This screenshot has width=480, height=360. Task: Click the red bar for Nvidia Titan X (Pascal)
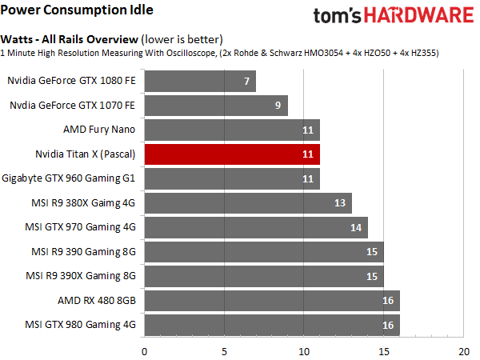point(232,154)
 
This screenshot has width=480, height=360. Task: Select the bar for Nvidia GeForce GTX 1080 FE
point(200,82)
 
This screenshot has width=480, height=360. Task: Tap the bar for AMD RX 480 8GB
point(272,300)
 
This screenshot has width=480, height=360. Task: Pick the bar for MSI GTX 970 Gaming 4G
point(256,227)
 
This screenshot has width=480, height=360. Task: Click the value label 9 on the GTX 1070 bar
point(276,106)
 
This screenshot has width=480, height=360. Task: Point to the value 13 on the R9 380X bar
point(339,203)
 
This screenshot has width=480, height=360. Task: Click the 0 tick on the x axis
point(144,350)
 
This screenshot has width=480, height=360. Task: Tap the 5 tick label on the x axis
point(224,350)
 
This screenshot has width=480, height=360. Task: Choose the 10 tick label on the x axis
point(304,350)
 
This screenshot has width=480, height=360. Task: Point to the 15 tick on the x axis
point(384,350)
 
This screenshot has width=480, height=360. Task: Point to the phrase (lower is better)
point(178,38)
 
